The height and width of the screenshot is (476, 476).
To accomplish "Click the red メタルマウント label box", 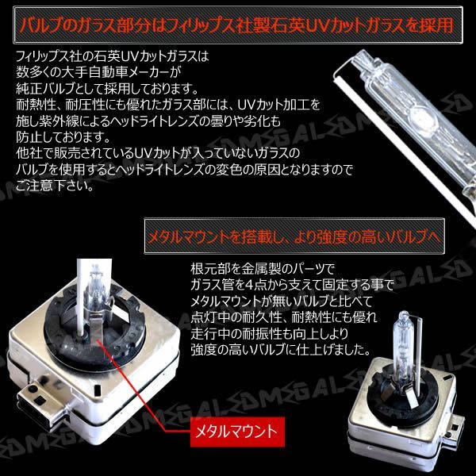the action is (237, 432).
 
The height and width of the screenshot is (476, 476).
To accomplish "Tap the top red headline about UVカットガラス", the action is (236, 25).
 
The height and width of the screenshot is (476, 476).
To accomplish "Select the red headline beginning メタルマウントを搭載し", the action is (294, 236).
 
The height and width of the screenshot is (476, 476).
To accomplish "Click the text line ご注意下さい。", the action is (55, 186).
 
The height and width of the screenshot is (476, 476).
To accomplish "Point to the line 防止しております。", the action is (63, 137).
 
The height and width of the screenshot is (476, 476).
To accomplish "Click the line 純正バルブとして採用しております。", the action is (107, 89).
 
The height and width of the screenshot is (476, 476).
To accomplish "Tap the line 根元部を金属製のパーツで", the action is (263, 269).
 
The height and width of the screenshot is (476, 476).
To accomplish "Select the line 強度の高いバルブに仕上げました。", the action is (281, 350).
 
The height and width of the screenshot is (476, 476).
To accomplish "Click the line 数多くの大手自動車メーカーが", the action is (98, 72).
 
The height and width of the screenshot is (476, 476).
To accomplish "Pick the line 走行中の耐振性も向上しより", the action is (269, 334).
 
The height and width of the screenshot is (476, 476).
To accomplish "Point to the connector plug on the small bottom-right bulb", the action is (455, 427).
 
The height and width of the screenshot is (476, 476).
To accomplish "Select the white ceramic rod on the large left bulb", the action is (81, 297).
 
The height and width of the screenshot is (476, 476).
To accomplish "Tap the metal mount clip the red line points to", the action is (96, 328).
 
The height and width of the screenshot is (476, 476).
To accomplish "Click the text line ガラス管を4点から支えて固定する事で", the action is (292, 285).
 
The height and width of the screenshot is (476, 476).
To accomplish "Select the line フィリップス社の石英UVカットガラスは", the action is (113, 56).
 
